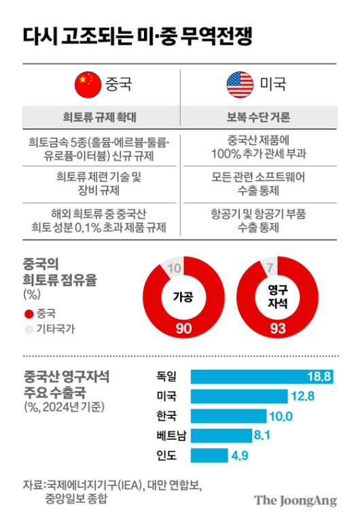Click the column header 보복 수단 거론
pos(258,118)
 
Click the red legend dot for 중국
pos(29,314)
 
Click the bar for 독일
pos(262,377)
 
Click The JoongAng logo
pos(295,501)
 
